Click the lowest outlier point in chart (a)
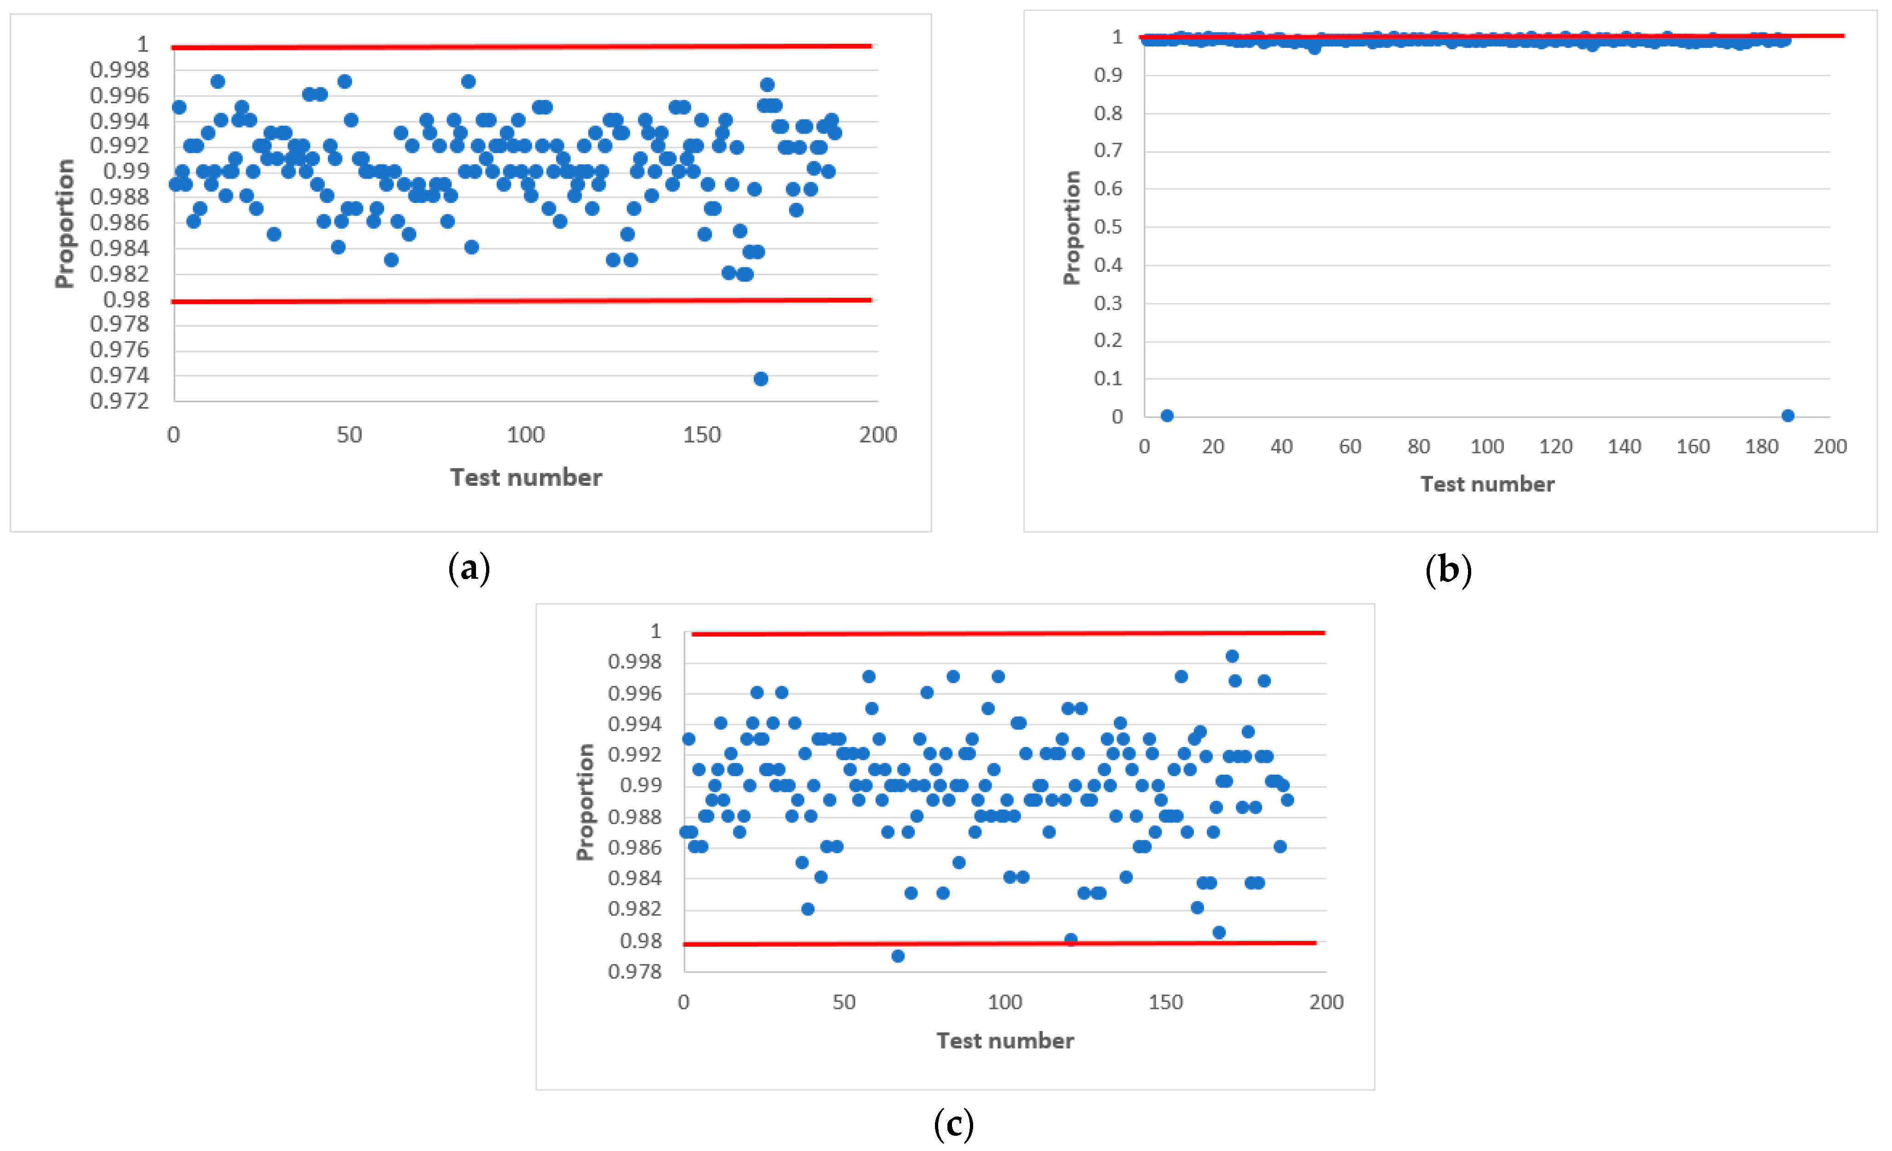[x=760, y=379]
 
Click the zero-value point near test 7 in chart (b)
[x=1166, y=415]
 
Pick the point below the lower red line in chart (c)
[x=898, y=955]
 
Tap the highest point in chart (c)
[x=1232, y=656]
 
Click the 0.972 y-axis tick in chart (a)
[x=119, y=401]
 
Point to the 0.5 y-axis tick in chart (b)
[x=1107, y=226]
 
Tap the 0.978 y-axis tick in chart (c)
[x=634, y=971]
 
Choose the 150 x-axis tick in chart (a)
[x=702, y=435]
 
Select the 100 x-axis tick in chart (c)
[x=1004, y=1002]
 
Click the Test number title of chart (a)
[x=526, y=478]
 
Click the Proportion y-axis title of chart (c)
[x=585, y=802]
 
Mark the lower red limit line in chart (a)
[x=522, y=300]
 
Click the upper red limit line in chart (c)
[x=1008, y=633]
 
